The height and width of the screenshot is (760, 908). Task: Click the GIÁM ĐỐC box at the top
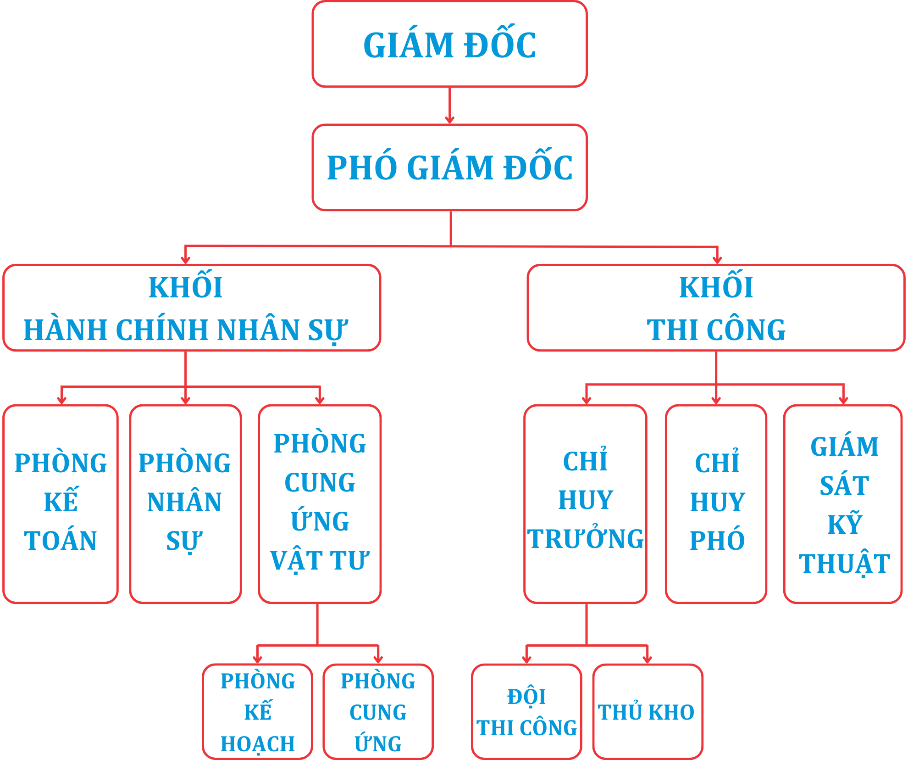coord(449,44)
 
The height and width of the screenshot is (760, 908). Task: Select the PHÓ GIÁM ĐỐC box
coord(449,168)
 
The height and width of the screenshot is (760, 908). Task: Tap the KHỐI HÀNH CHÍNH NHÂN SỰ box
coord(192,308)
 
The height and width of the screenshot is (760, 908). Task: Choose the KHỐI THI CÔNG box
coord(716,308)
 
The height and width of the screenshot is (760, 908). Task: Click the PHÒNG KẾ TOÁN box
coord(61,503)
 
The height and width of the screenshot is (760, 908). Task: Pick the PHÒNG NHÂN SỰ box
coord(185,503)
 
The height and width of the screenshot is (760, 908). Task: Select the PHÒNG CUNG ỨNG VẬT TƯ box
coord(320,503)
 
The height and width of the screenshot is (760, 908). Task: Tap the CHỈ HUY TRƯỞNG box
coord(585,503)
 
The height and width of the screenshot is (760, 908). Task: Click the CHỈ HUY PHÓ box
coord(716,503)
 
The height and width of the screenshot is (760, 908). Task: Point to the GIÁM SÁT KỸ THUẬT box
coord(843,503)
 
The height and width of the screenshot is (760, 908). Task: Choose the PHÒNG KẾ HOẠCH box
coord(257,711)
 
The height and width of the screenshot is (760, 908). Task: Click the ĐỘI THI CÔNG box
coord(526,711)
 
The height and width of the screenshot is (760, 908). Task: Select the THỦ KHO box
coord(648,711)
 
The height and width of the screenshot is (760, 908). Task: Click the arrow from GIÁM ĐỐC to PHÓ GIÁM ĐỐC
coord(449,106)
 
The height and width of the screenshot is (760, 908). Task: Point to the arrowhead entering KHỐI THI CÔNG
coord(717,260)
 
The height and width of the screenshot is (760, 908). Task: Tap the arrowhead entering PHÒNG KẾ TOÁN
coord(62,400)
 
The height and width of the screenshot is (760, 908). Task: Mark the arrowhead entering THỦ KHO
coord(648,659)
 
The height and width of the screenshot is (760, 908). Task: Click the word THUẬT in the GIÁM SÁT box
coord(844,564)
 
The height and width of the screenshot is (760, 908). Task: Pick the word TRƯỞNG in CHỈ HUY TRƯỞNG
coord(585,539)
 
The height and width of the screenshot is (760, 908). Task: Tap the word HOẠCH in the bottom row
coord(257,744)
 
